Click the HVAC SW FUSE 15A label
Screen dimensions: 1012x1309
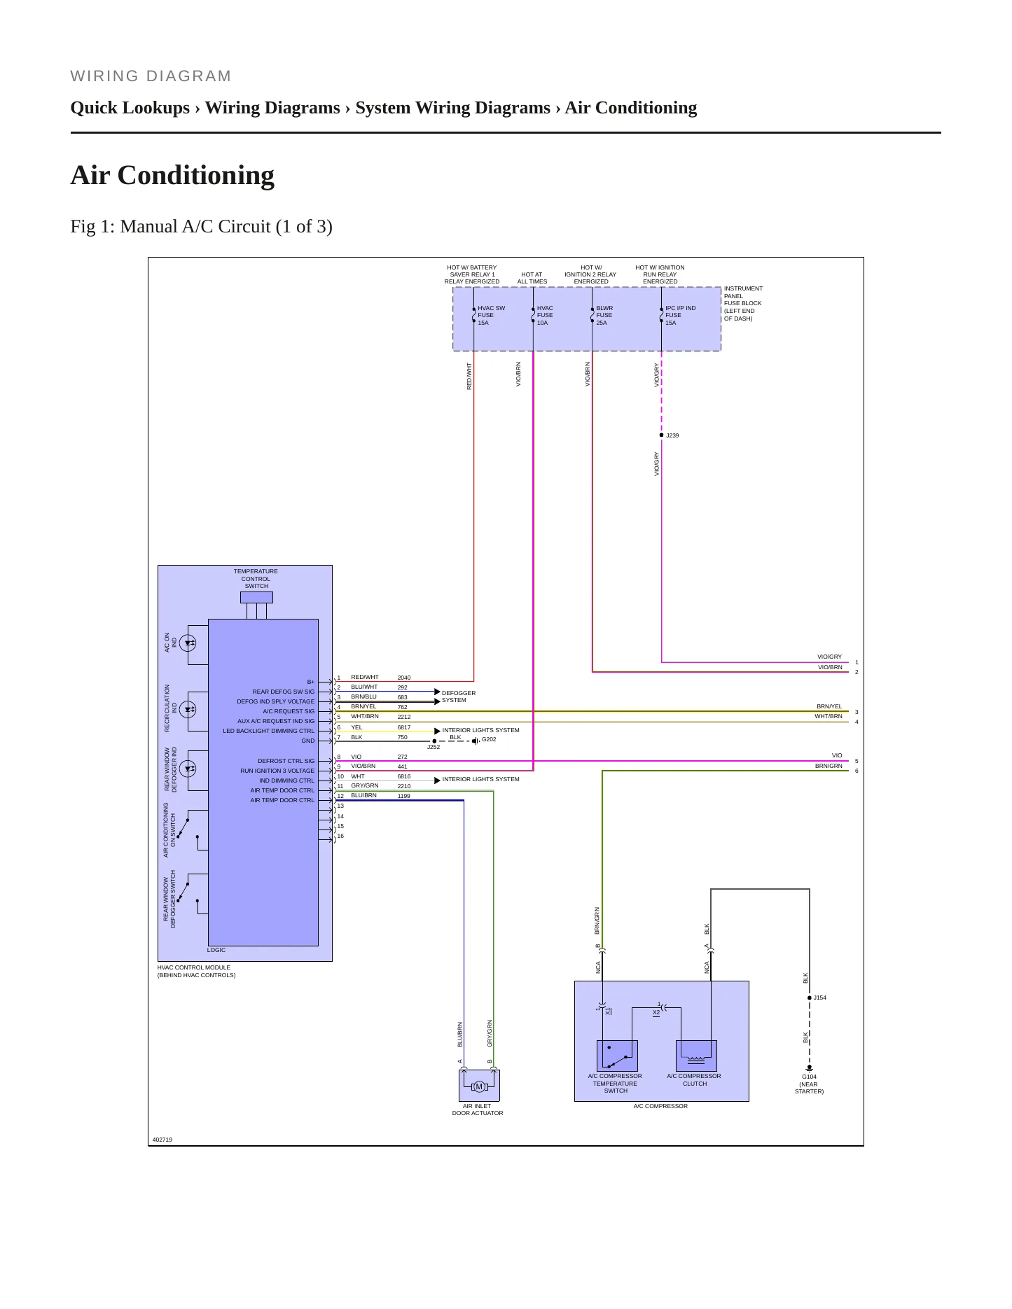(x=491, y=315)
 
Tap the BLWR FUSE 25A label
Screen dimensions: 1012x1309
(x=604, y=315)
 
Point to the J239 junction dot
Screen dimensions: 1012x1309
(x=661, y=435)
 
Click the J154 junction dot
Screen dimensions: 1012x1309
(x=810, y=997)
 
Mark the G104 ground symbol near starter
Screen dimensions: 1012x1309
(x=810, y=1068)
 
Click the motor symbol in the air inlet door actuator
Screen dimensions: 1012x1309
(x=479, y=1086)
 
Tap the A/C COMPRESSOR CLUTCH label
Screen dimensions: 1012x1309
(x=694, y=1079)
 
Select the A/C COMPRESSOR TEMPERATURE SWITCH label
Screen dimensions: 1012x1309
(x=615, y=1084)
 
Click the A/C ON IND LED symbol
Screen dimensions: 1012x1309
(x=188, y=643)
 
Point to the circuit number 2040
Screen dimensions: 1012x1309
(x=404, y=678)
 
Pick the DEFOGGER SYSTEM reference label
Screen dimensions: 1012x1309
(x=459, y=696)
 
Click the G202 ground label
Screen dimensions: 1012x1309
(x=489, y=739)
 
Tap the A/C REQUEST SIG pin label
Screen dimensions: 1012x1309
(x=289, y=711)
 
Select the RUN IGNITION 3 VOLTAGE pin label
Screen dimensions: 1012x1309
(x=277, y=771)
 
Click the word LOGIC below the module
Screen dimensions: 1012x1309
(x=216, y=950)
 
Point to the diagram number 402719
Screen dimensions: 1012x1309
(x=162, y=1140)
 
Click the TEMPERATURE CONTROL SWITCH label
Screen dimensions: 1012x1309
(x=256, y=579)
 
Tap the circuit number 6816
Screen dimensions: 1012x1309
(x=404, y=776)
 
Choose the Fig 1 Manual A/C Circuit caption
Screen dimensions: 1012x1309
(x=202, y=227)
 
